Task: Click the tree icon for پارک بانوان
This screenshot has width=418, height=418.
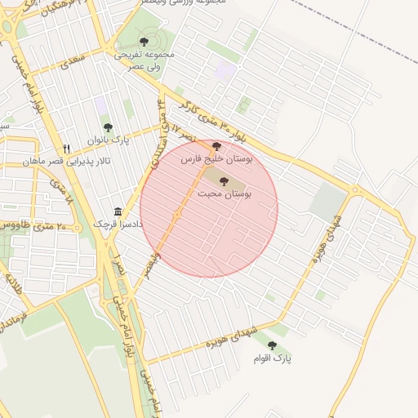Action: tap(108, 127)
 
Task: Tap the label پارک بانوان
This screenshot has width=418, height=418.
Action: tap(108, 140)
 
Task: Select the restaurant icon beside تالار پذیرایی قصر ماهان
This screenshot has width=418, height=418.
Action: tap(67, 149)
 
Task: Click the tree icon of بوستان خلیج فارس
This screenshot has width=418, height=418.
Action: tap(216, 147)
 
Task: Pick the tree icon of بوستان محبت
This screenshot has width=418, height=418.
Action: tap(225, 181)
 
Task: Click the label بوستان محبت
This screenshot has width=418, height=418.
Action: tap(225, 193)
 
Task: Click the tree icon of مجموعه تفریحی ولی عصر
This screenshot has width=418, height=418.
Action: tap(144, 39)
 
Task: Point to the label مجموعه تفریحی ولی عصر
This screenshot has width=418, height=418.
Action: tap(144, 59)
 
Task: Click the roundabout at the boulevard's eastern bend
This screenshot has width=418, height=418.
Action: tap(354, 191)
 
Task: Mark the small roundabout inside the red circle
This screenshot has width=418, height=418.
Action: tap(177, 215)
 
